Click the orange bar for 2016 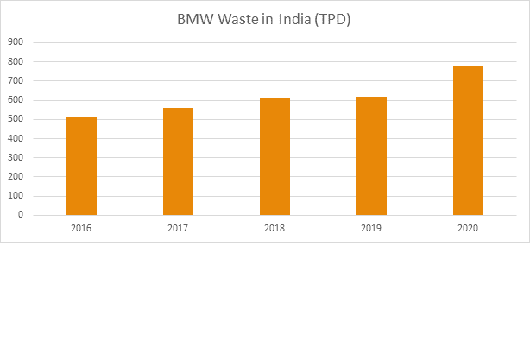click(81, 166)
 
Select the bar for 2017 click(178, 161)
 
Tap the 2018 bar click(274, 156)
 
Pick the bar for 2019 click(371, 155)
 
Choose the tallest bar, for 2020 click(468, 140)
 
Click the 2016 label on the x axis click(81, 228)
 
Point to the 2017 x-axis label click(178, 228)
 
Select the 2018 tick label click(274, 228)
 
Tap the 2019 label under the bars click(371, 228)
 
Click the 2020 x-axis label click(468, 228)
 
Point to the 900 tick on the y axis click(15, 41)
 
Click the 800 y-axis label click(15, 61)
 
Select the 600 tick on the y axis click(15, 100)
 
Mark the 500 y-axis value click(15, 119)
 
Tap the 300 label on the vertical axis click(15, 158)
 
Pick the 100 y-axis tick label click(15, 196)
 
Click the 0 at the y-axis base click(20, 215)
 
